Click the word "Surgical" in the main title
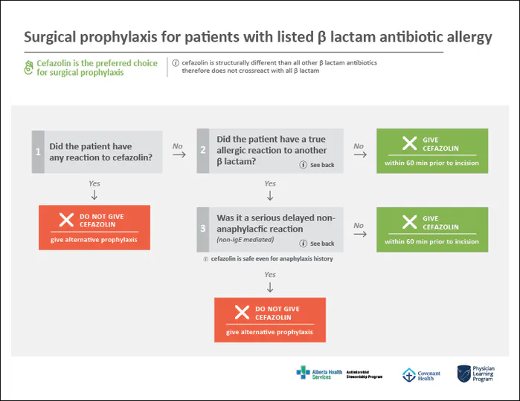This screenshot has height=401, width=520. tap(51, 37)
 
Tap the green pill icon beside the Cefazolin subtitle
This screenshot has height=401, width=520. tap(29, 68)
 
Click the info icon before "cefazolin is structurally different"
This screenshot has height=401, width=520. tap(176, 63)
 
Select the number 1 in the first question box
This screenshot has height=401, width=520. tap(38, 151)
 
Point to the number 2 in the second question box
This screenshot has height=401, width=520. tap(204, 151)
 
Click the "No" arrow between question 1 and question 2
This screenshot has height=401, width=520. tap(178, 155)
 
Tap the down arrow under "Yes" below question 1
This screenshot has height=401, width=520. tap(94, 195)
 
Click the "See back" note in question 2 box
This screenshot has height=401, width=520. tap(318, 164)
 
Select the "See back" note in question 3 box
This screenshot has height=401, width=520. tap(318, 244)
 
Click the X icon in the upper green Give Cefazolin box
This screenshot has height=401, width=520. tap(408, 144)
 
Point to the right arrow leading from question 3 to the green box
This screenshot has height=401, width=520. tap(359, 234)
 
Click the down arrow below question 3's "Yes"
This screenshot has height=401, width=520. tap(270, 287)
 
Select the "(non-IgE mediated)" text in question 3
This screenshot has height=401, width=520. tap(243, 240)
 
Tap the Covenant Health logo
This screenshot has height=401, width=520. tap(421, 375)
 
